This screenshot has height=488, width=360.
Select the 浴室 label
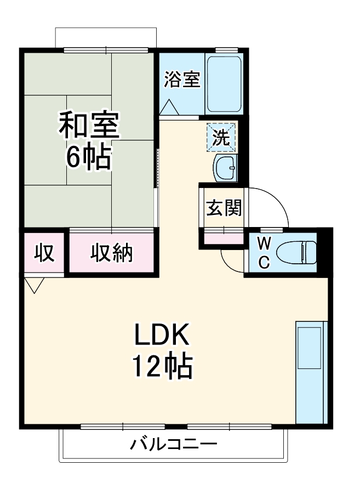tap(181, 80)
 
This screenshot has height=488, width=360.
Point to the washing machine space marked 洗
tap(222, 137)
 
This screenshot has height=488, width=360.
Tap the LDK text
tap(161, 334)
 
